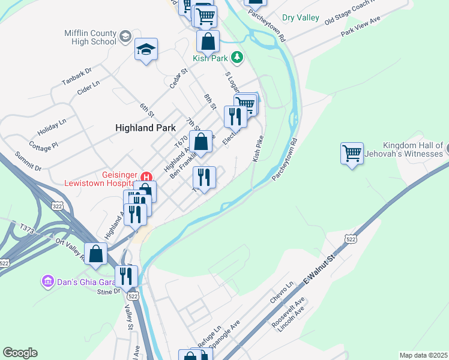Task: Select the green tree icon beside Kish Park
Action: (238, 57)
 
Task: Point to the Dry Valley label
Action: (301, 18)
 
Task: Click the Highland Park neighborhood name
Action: (145, 128)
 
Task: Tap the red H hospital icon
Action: (146, 176)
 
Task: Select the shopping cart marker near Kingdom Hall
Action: (352, 153)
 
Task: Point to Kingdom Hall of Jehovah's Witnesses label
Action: (414, 150)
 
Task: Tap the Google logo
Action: (20, 353)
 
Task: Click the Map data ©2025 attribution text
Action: (423, 355)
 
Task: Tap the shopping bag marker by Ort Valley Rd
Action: (96, 254)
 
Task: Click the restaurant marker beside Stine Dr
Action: (127, 276)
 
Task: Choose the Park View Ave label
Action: (361, 28)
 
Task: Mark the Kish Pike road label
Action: (259, 148)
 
